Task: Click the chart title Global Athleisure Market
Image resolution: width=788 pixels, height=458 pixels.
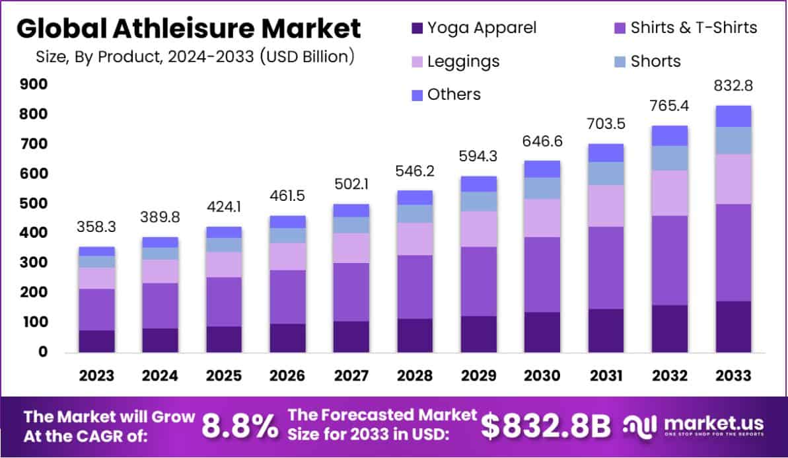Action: pyautogui.click(x=188, y=29)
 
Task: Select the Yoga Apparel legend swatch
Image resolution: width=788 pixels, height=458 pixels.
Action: pyautogui.click(x=416, y=28)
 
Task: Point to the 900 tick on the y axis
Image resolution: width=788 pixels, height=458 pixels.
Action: pyautogui.click(x=33, y=84)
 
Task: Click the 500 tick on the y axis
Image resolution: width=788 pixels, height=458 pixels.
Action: pyautogui.click(x=33, y=204)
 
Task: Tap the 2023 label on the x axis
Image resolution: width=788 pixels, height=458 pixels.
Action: pyautogui.click(x=96, y=375)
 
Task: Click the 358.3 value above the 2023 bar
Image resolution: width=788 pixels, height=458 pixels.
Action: pyautogui.click(x=96, y=226)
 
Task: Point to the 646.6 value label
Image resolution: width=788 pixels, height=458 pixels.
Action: pyautogui.click(x=542, y=141)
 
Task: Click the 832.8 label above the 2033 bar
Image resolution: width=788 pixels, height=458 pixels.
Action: pyautogui.click(x=733, y=86)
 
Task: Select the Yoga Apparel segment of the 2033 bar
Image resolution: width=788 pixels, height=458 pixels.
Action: pyautogui.click(x=733, y=326)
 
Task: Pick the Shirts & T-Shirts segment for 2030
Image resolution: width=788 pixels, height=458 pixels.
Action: pyautogui.click(x=542, y=274)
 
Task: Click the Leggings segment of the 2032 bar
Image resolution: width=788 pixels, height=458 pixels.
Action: pyautogui.click(x=669, y=193)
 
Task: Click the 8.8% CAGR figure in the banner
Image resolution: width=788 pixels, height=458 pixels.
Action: pyautogui.click(x=240, y=428)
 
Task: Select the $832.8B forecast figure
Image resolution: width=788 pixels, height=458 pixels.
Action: pyautogui.click(x=546, y=428)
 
